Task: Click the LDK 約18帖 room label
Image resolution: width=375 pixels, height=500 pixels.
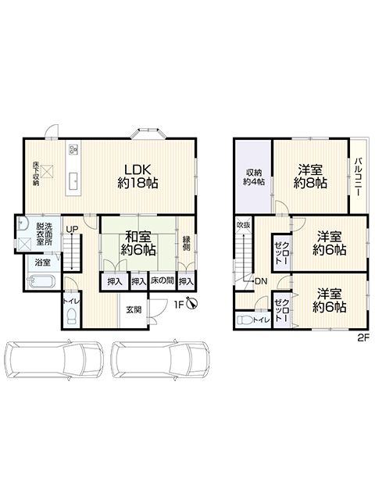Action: [137, 176]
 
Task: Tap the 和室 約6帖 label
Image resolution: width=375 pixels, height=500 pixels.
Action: [138, 244]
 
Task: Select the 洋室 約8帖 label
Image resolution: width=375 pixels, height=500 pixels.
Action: [310, 176]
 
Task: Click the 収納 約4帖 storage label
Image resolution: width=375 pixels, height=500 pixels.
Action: [254, 177]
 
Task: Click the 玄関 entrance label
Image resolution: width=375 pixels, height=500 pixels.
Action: [134, 309]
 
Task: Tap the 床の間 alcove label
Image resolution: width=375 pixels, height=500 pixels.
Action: [162, 281]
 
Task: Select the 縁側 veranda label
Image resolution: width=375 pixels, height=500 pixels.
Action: [186, 243]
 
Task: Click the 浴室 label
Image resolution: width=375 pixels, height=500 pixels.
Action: [42, 262]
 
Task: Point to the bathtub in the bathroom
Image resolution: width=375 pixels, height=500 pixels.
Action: [41, 282]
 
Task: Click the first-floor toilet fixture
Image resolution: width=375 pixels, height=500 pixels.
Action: [73, 316]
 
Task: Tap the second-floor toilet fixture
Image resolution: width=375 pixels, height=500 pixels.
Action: [245, 320]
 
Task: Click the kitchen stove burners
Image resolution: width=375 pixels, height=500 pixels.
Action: [73, 149]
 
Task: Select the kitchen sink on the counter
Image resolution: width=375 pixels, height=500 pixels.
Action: [74, 181]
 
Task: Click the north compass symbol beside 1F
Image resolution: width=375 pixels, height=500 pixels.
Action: [192, 303]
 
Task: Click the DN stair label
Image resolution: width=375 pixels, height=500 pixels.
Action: [261, 281]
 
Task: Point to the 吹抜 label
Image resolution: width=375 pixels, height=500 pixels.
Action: [244, 225]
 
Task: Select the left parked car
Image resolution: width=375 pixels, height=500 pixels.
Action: [54, 359]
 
